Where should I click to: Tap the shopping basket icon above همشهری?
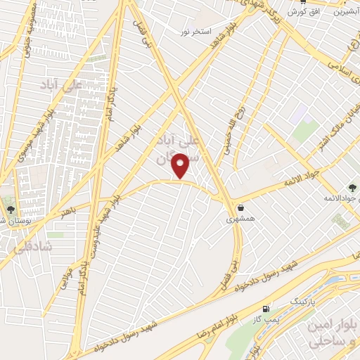242,207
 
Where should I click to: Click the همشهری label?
237,219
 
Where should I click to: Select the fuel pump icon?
265,309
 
